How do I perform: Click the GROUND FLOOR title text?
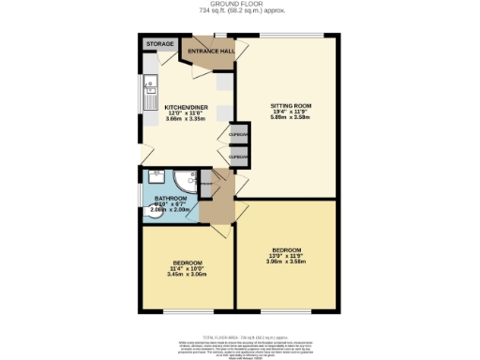(240, 4)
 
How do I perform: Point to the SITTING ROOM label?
(291, 105)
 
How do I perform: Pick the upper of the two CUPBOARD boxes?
(239, 135)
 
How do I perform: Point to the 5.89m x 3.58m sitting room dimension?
(291, 118)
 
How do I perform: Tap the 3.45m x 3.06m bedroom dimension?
(186, 274)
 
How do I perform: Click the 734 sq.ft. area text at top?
(240, 11)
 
